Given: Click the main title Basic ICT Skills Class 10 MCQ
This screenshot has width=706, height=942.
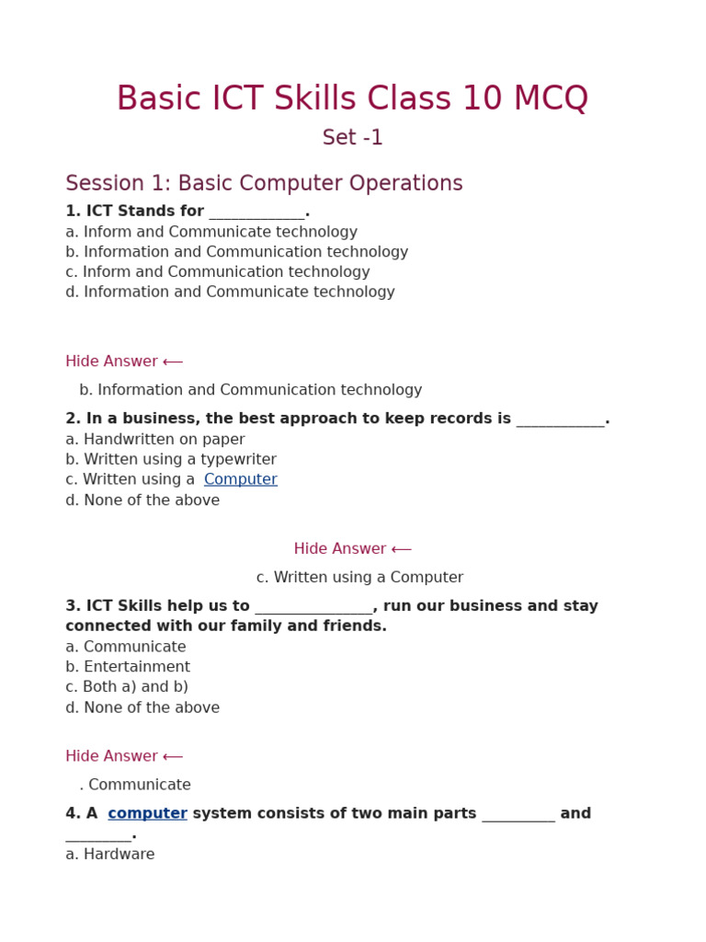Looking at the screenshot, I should tap(352, 99).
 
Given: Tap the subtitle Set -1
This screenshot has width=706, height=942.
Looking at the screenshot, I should tap(352, 138).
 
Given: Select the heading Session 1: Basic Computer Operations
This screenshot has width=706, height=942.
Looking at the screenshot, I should tap(264, 184).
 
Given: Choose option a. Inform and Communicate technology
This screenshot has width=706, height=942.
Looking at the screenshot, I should tap(211, 233).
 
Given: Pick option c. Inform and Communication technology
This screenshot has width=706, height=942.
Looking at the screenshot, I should tap(217, 272).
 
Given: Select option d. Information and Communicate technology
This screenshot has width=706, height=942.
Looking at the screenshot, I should tap(230, 293).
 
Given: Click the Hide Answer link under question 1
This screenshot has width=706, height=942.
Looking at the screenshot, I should tap(124, 362).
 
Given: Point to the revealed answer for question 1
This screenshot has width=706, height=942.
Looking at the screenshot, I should tap(250, 390).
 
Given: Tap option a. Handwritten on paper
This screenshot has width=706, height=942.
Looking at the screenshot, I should tap(155, 440).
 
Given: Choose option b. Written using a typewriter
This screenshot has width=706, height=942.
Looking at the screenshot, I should tap(171, 460).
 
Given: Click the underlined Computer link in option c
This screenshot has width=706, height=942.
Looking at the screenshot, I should tap(240, 480).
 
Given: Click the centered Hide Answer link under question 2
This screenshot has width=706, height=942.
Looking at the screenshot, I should tap(352, 549).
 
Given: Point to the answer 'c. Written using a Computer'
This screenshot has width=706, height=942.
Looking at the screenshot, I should tap(359, 578).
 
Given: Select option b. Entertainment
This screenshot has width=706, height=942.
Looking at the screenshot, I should tap(128, 667).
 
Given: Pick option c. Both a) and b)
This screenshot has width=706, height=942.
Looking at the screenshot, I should tap(127, 687).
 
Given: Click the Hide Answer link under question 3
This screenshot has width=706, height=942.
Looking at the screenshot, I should tap(124, 756).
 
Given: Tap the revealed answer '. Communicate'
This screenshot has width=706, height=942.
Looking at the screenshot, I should tap(135, 785).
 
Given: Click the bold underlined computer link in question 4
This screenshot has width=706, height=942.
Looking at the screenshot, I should tap(147, 814).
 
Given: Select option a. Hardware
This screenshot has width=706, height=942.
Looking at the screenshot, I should tap(110, 855).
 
